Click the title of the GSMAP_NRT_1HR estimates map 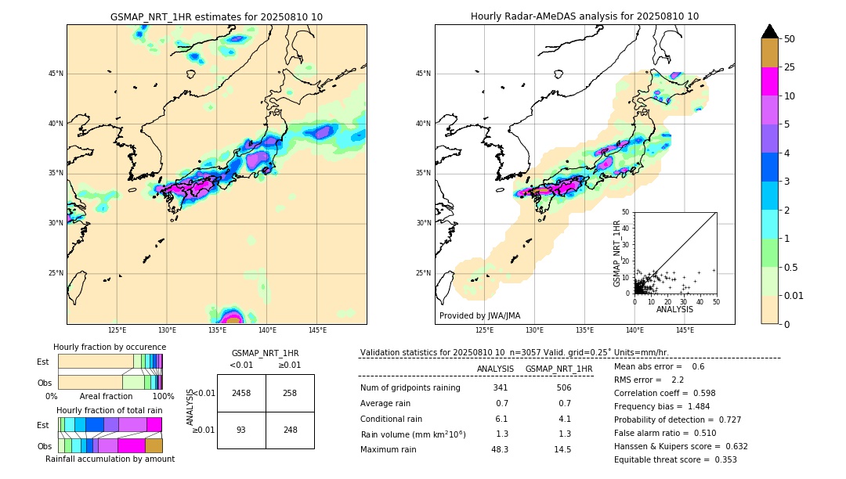pyautogui.click(x=216, y=16)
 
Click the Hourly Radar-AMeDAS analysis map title pyautogui.click(x=584, y=16)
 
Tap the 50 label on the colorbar pyautogui.click(x=790, y=39)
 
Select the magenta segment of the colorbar pyautogui.click(x=769, y=81)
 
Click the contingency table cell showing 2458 pyautogui.click(x=241, y=393)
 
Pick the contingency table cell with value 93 pyautogui.click(x=241, y=430)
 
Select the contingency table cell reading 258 pyautogui.click(x=290, y=393)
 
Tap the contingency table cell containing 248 pyautogui.click(x=290, y=430)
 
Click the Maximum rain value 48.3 pyautogui.click(x=500, y=449)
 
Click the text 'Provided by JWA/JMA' pyautogui.click(x=479, y=315)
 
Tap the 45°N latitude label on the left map pyautogui.click(x=56, y=74)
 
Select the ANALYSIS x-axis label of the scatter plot pyautogui.click(x=674, y=309)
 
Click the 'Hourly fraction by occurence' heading pyautogui.click(x=110, y=347)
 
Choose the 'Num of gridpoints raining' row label pyautogui.click(x=410, y=387)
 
